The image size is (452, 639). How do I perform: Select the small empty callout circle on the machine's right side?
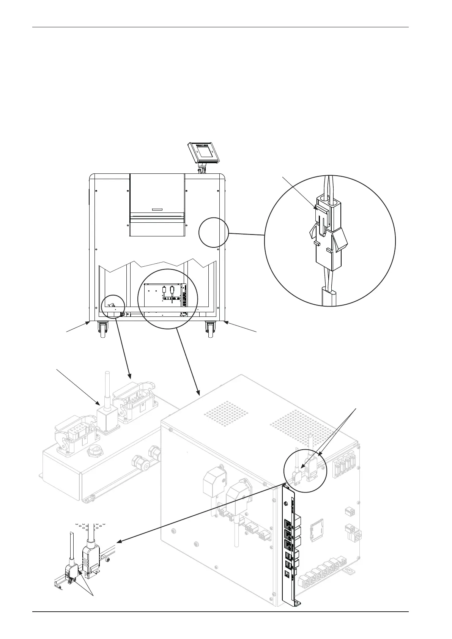(214, 232)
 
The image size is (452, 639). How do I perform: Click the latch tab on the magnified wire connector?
(319, 208)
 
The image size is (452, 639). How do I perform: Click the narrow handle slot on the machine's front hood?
(157, 209)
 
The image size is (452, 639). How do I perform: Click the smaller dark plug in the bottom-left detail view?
(72, 572)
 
